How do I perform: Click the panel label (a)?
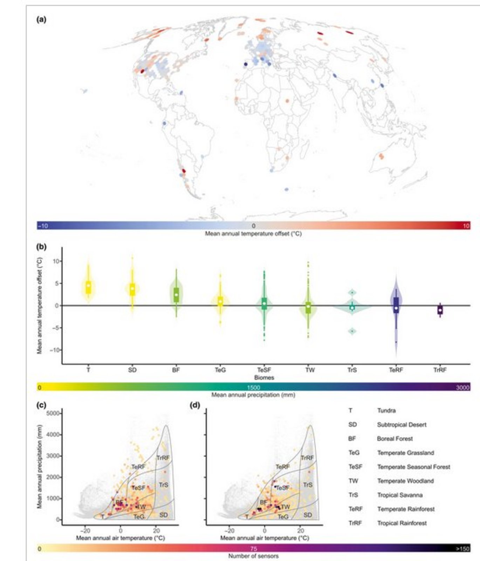coord(41,20)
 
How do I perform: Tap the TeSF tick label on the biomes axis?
coord(264,370)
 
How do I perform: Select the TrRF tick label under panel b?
coord(440,370)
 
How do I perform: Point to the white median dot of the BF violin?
coord(176,295)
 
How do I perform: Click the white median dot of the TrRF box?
coord(440,310)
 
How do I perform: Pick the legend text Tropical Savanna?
coord(399,495)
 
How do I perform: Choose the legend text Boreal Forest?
coord(395,439)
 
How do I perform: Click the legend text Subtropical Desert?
coord(402,425)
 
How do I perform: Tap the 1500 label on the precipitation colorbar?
coord(253,387)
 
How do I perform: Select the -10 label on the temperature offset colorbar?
coord(43,226)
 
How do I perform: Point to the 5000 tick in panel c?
coord(53,413)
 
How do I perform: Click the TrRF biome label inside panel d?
coord(307,458)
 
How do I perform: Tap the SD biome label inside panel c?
coord(163,515)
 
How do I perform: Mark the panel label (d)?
coord(195,405)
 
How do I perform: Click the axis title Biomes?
coord(264,378)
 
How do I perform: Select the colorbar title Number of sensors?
coord(253,556)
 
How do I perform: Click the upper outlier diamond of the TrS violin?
coord(352,292)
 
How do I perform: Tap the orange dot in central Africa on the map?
coord(287,101)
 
